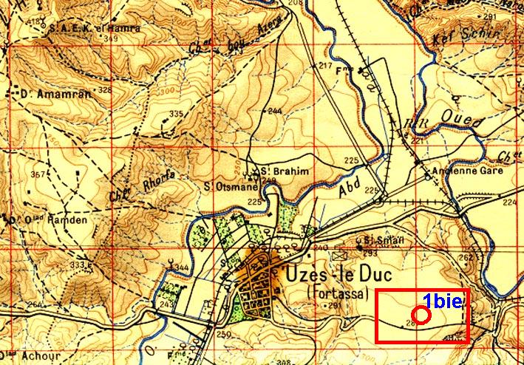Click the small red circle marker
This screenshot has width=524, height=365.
pos(421,315)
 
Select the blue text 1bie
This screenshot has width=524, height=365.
pos(442,300)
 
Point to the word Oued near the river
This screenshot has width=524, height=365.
pos(462,117)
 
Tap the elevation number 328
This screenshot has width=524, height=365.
pos(105,90)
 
